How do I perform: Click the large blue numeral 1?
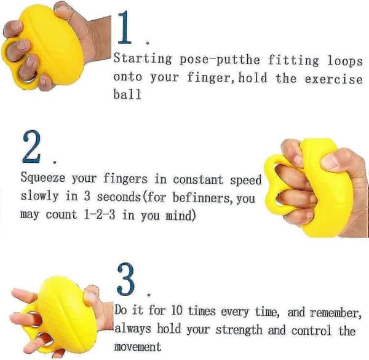click(x=124, y=28)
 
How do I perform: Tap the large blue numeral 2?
click(x=31, y=146)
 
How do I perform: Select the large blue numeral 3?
click(x=125, y=279)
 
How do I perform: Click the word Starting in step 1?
click(x=143, y=58)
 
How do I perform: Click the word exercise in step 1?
click(x=333, y=79)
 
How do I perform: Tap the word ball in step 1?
click(x=127, y=94)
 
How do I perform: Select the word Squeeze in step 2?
click(x=43, y=178)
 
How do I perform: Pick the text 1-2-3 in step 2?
click(x=100, y=214)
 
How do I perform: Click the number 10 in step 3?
click(x=177, y=310)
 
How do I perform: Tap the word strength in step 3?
click(x=239, y=329)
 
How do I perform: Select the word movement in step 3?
click(x=138, y=346)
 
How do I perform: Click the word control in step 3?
click(x=311, y=331)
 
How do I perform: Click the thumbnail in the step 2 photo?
click(x=330, y=162)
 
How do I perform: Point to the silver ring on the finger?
click(x=30, y=77)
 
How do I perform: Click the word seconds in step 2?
click(x=118, y=197)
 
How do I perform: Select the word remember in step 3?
click(x=336, y=313)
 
